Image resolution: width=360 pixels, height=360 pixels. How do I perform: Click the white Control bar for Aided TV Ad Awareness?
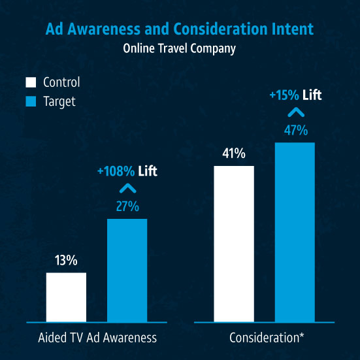pos(66,297)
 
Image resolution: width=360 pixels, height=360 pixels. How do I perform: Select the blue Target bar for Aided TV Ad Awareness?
pos(127,270)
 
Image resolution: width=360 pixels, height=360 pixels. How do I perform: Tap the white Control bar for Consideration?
pos(234,244)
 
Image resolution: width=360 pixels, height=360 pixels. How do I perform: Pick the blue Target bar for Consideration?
pos(295,232)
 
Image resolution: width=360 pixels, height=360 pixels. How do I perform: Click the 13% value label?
pos(66,260)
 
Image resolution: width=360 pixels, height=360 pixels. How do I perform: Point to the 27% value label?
pos(127,206)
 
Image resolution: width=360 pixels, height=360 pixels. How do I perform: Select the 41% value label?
pos(234,154)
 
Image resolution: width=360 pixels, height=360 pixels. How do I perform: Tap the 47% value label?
pos(296,131)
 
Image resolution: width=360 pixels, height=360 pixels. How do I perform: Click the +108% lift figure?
pos(116,171)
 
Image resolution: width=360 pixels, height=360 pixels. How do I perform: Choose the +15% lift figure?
pos(284,95)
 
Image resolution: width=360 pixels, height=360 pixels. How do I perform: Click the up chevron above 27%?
pos(128,188)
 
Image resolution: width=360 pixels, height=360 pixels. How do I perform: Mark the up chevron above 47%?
pos(296,112)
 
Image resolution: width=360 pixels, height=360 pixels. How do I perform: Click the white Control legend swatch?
pos(31,82)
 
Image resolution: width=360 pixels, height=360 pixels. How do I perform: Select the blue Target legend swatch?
pos(31,101)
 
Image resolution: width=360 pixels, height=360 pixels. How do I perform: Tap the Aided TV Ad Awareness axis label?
pos(97,338)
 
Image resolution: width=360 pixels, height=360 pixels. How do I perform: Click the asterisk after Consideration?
pos(302,335)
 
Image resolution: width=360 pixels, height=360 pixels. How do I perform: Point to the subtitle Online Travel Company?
pos(179,48)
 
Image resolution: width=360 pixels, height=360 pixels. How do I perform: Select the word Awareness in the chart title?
pos(104,29)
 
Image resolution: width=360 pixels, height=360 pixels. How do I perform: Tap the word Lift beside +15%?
pos(312,95)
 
